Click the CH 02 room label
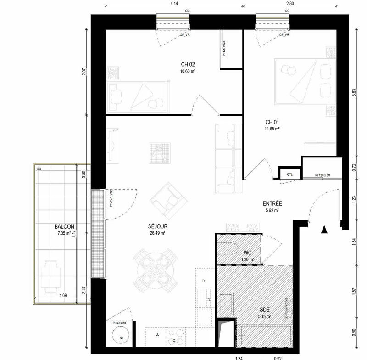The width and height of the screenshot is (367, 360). [x=188, y=65]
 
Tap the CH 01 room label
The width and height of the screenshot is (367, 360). [x=272, y=122]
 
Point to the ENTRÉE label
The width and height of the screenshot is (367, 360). [x=272, y=203]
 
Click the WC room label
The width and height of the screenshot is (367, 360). [x=248, y=253]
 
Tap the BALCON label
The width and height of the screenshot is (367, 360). [x=64, y=226]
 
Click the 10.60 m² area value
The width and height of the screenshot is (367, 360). [x=188, y=72]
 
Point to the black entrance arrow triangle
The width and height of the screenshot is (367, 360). [x=324, y=230]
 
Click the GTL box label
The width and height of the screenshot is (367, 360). [x=290, y=174]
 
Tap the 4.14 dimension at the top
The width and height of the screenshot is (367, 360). [x=174, y=3]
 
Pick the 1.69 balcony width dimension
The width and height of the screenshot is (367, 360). [x=64, y=295]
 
